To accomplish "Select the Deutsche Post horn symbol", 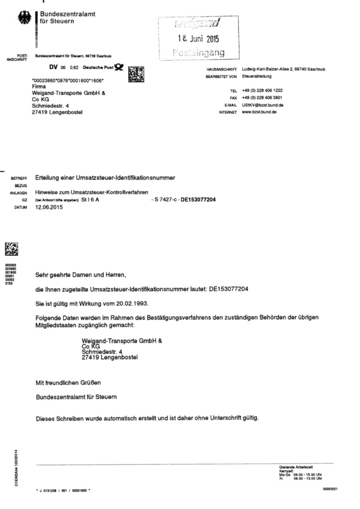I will point(118,67).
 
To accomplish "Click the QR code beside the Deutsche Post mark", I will point(136,74).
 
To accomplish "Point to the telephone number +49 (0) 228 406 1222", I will point(262,90).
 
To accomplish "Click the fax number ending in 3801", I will point(262,98).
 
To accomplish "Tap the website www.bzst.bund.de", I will point(259,112).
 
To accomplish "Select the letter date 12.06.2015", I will point(49,208).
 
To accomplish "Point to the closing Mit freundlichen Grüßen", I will point(68,383).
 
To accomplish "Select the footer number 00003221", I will point(330,489).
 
